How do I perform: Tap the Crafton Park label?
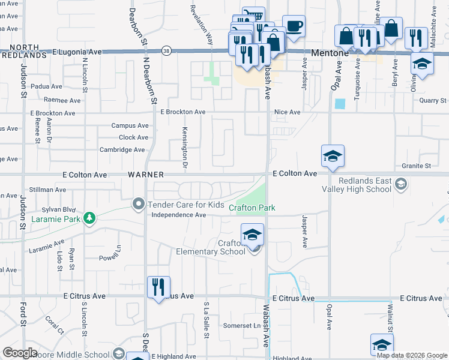pyautogui.click(x=252, y=208)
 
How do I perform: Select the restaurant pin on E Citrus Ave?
pyautogui.click(x=158, y=286)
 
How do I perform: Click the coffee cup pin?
pyautogui.click(x=293, y=26)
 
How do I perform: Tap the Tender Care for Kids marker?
pyautogui.click(x=139, y=205)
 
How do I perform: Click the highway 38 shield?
pyautogui.click(x=166, y=52)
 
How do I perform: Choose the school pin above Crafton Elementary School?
pyautogui.click(x=253, y=233)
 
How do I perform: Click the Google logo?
pyautogui.click(x=20, y=353)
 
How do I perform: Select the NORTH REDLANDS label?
pyautogui.click(x=24, y=51)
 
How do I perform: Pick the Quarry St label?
pyautogui.click(x=433, y=101)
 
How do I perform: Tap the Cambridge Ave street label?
pyautogui.click(x=122, y=149)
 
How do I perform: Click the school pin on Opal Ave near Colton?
pyautogui.click(x=333, y=156)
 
